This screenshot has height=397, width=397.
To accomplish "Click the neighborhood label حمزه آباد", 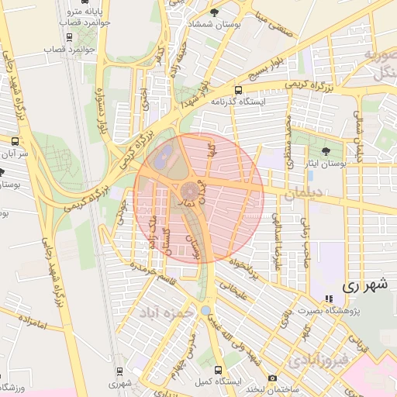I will coord(165,312).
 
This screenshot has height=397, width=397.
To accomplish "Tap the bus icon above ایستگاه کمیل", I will coord(218,371).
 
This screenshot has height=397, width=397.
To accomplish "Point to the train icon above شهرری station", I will coord(119,371).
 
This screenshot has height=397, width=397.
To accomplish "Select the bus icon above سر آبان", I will coord(15,141).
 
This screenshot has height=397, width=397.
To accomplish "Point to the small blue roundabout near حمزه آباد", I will coord(205,310).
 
